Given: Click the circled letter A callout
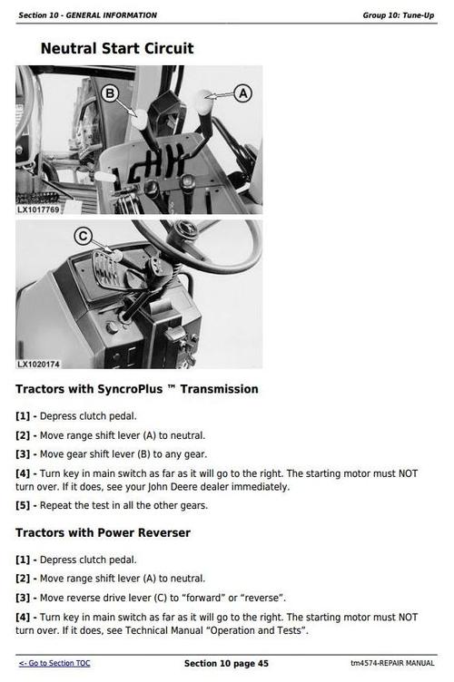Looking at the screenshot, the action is [x=242, y=93].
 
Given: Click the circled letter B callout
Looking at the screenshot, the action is [x=110, y=93].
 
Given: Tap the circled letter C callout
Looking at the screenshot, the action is [x=83, y=237].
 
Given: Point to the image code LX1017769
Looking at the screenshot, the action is [x=38, y=209].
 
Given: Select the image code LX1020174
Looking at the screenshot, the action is [x=38, y=364].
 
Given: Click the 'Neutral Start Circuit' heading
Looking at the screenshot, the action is [x=117, y=48].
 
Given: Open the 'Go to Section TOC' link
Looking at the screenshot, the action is [x=54, y=663].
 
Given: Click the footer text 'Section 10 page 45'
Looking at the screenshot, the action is [x=226, y=663].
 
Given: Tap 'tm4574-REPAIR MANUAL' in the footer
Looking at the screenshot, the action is [x=392, y=663].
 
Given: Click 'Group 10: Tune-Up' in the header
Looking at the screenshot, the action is [x=399, y=15].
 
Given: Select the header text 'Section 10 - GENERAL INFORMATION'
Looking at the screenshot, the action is [x=87, y=15].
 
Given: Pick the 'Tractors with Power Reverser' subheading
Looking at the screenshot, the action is [x=104, y=533].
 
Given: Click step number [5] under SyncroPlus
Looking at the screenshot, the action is [x=23, y=505].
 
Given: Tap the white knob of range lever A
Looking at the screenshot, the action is [x=203, y=102].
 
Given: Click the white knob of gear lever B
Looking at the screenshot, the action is [x=140, y=120].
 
